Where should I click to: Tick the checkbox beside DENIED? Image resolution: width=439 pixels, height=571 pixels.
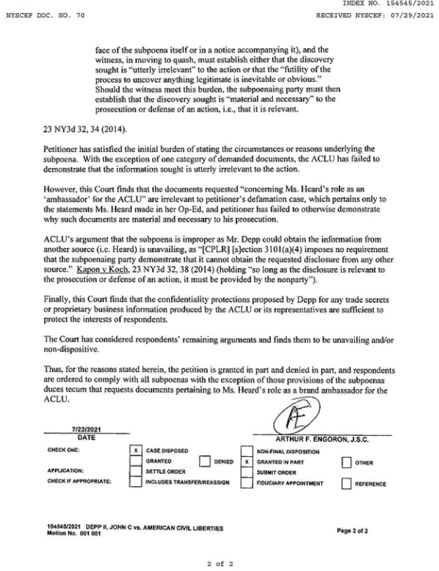(205, 461)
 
